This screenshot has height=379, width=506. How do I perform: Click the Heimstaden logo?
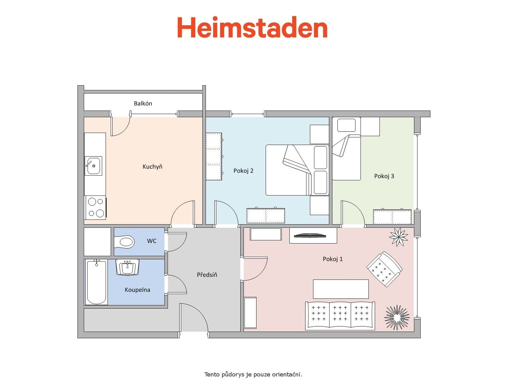pyautogui.click(x=252, y=27)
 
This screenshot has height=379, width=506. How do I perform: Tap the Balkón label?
pyautogui.click(x=143, y=103)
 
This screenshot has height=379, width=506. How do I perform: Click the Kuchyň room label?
pyautogui.click(x=152, y=166)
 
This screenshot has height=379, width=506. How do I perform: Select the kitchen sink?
pyautogui.click(x=93, y=166)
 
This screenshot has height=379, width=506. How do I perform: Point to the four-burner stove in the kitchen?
pyautogui.click(x=96, y=208)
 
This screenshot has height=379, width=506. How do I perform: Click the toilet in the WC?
pyautogui.click(x=124, y=242)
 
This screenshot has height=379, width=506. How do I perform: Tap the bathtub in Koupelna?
pyautogui.click(x=96, y=282)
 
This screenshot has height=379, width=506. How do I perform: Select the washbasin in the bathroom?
pyautogui.click(x=128, y=267)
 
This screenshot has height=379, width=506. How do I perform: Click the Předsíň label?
pyautogui.click(x=207, y=275)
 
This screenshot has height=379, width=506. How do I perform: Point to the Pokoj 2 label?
pyautogui.click(x=243, y=171)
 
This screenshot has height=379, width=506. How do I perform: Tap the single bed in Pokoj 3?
pyautogui.click(x=347, y=148)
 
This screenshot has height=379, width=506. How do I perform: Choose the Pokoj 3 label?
pyautogui.click(x=384, y=176)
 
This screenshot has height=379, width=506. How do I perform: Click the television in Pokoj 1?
pyautogui.click(x=310, y=235)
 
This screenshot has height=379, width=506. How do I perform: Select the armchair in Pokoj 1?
pyautogui.click(x=385, y=269)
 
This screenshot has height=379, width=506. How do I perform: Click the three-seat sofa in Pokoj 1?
pyautogui.click(x=340, y=316)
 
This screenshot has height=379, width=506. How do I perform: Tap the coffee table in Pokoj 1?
pyautogui.click(x=341, y=289)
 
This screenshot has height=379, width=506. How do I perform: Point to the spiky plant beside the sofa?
pyautogui.click(x=397, y=317)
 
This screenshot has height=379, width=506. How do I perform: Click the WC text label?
pyautogui.click(x=152, y=241)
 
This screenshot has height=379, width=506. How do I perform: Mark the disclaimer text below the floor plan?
pyautogui.click(x=253, y=375)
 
